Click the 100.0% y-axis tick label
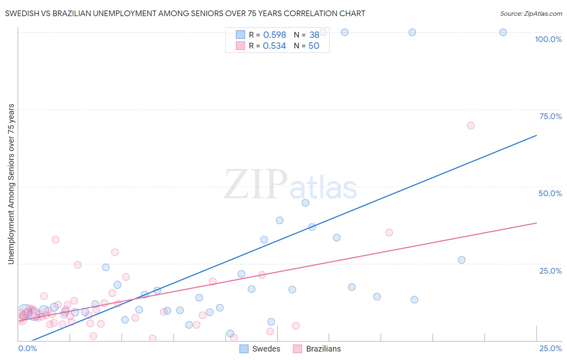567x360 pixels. (x=548, y=39)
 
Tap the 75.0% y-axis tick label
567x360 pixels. (x=550, y=116)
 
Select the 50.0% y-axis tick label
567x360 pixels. (x=550, y=193)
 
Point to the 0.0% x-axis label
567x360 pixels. (x=27, y=348)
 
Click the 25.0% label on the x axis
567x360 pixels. (x=550, y=348)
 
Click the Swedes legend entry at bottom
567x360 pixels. (x=260, y=349)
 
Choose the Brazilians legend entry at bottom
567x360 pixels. (x=317, y=349)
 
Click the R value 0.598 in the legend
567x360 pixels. (x=274, y=35)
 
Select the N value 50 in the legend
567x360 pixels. (x=314, y=46)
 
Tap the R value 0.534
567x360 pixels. (x=274, y=46)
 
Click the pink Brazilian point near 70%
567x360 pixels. (x=471, y=126)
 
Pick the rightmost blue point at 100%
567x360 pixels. (x=503, y=32)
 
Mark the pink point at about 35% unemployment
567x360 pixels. (x=389, y=232)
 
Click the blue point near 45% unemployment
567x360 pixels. (x=305, y=203)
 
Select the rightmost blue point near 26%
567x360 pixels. (x=462, y=260)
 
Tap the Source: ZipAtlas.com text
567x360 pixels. (x=531, y=13)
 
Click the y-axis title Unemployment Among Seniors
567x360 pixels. (x=11, y=184)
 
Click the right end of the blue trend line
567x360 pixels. (x=536, y=135)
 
